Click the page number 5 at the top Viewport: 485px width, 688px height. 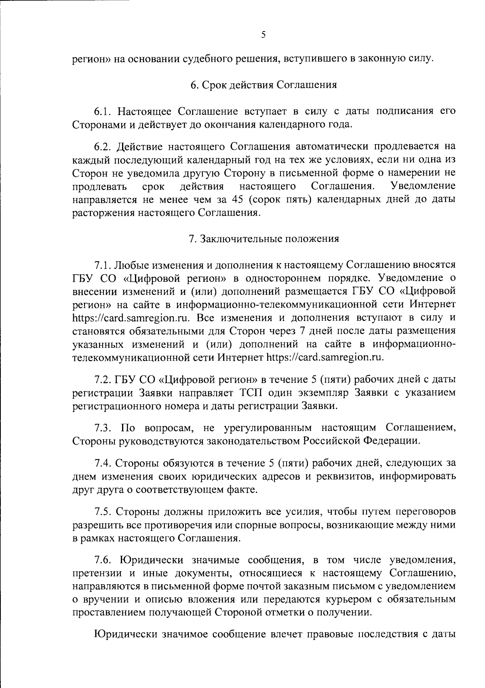coord(263,35)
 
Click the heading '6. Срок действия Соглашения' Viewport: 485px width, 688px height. coord(264,85)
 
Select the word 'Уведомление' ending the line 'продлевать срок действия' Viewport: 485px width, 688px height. coord(423,186)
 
